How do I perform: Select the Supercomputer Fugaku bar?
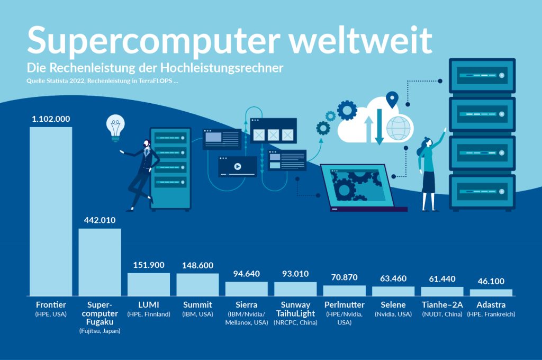point(100,262)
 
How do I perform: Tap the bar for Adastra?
point(491,292)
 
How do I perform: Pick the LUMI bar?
point(149,284)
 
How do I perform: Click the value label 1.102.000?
point(51,119)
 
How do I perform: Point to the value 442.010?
point(100,220)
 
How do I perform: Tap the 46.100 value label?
point(491,281)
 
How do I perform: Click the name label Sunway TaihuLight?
point(295,309)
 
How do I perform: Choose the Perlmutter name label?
point(344,305)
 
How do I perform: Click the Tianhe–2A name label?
point(442,305)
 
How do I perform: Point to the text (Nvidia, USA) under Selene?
point(393,314)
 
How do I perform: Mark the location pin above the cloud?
point(392,98)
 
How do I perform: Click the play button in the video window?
point(237,166)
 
